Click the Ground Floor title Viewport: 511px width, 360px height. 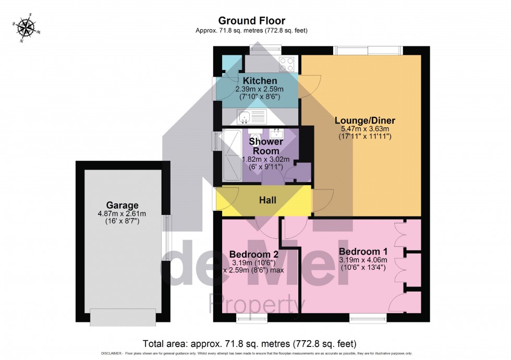(251, 21)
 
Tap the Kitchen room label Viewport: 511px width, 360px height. (260, 81)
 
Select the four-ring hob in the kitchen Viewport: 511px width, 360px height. (286, 64)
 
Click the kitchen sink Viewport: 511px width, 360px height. (252, 115)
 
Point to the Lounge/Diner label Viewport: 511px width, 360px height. (364, 119)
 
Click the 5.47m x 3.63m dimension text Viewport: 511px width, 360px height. (364, 128)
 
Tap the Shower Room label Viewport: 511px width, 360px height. (266, 146)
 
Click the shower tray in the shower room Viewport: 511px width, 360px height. (231, 155)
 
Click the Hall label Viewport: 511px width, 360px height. (267, 200)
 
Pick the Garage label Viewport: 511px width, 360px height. (123, 205)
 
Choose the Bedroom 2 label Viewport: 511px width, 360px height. (254, 254)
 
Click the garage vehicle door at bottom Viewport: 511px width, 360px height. (123, 316)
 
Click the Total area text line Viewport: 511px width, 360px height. (249, 344)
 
